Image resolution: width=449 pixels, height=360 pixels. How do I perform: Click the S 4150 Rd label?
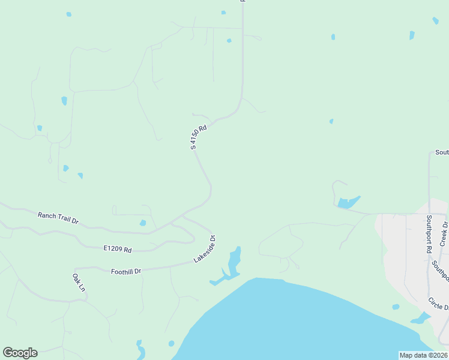tap(199, 137)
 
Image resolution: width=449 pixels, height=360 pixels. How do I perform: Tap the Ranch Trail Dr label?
tap(58, 217)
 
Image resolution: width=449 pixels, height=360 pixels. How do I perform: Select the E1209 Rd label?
tap(117, 248)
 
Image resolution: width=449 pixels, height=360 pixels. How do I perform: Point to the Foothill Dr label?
tap(126, 271)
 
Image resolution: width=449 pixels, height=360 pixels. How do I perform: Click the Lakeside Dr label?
tap(204, 249)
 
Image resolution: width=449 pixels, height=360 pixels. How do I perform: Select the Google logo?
tap(20, 353)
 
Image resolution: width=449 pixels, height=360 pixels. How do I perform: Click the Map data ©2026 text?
tap(423, 355)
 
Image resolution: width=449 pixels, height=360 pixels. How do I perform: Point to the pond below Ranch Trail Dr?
tap(142, 223)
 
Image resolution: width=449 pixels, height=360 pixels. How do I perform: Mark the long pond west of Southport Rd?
tap(349, 202)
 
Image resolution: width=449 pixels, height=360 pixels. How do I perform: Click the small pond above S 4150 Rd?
tap(229, 41)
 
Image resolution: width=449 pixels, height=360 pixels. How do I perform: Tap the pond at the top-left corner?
tap(69, 14)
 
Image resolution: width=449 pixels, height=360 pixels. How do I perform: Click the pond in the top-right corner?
tap(435, 20)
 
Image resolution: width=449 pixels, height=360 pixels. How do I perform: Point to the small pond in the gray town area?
tap(396, 307)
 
